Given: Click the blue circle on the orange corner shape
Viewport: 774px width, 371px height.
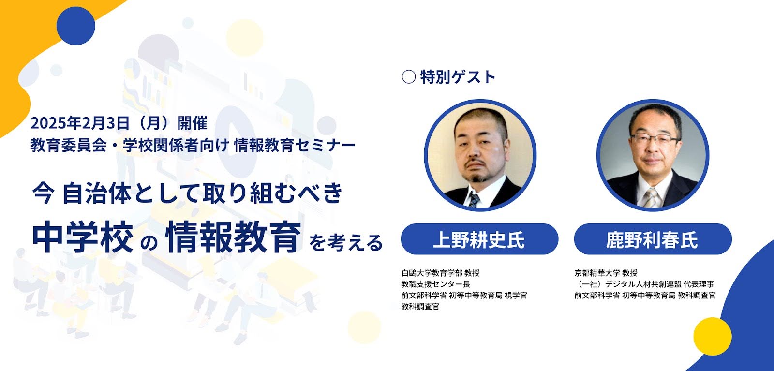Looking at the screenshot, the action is click(x=75, y=26).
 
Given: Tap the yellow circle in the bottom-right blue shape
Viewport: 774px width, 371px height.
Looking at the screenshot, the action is click(x=713, y=337).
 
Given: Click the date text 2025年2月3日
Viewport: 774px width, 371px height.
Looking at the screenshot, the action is click(x=80, y=123).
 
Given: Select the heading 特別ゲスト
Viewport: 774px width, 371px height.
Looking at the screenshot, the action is click(x=458, y=77).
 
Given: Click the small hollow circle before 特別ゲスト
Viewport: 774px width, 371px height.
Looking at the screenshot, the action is click(x=408, y=77).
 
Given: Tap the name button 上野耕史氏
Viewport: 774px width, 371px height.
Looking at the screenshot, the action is click(x=479, y=239).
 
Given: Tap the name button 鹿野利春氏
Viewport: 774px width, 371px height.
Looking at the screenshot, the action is click(x=653, y=239).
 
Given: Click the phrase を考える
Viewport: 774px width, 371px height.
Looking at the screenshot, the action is click(x=346, y=242).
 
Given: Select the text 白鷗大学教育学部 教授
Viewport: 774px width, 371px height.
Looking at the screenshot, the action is click(x=441, y=273).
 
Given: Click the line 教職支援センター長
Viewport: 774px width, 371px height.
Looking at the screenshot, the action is click(x=436, y=284).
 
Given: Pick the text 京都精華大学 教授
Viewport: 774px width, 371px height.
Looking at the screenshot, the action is click(x=606, y=273).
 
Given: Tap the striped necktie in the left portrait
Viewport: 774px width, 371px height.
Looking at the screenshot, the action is click(x=474, y=200).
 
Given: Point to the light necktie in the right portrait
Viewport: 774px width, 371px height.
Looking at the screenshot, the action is click(x=651, y=197).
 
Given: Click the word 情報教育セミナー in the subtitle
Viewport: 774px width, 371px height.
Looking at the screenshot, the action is click(x=295, y=145).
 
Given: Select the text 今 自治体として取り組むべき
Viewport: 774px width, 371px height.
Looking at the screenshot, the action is click(x=187, y=193).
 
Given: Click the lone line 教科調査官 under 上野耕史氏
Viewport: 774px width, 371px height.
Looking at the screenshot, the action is click(x=420, y=306).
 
